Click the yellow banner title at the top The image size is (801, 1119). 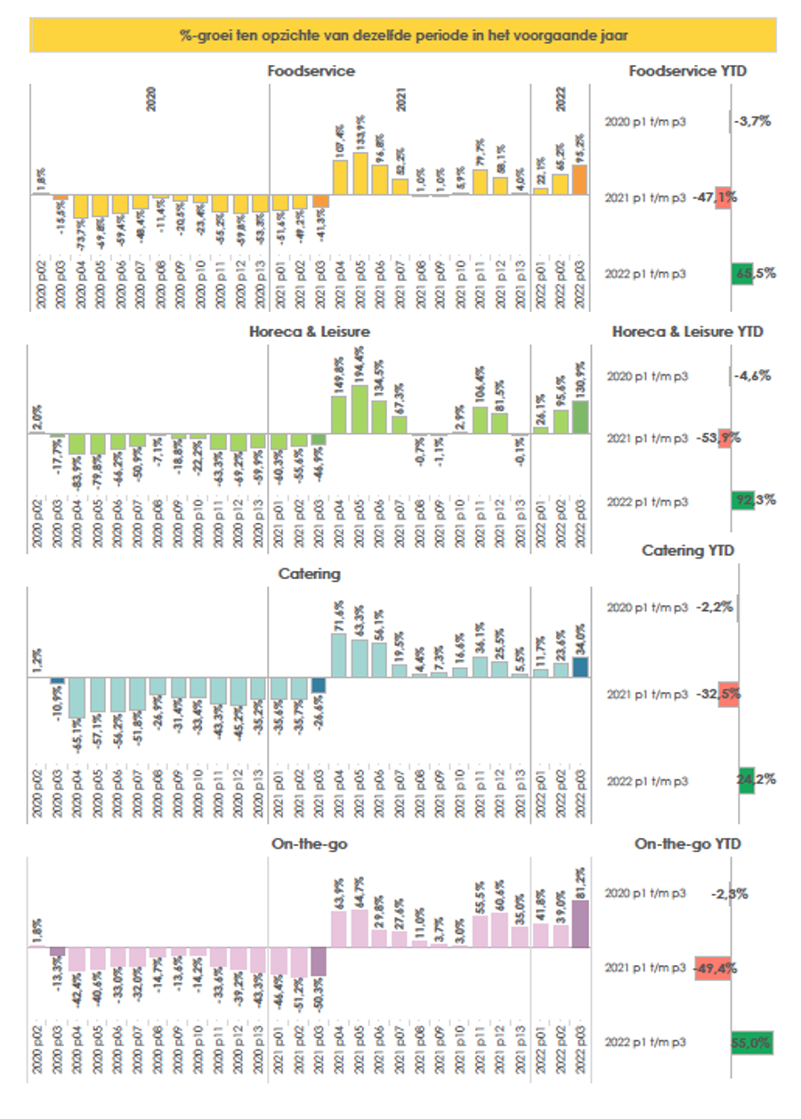click(403, 36)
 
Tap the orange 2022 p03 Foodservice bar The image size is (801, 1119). click(579, 180)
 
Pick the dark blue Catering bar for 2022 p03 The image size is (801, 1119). click(579, 667)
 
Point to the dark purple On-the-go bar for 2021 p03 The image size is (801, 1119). click(319, 962)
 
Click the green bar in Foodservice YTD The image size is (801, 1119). click(742, 274)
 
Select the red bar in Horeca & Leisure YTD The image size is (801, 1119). click(724, 438)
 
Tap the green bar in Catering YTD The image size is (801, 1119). click(746, 780)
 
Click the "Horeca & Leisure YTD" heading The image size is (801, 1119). click(687, 332)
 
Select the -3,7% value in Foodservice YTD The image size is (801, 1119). click(753, 121)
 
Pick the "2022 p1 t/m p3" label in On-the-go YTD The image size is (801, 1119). click(645, 1043)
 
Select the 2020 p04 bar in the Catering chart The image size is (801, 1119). click(78, 697)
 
